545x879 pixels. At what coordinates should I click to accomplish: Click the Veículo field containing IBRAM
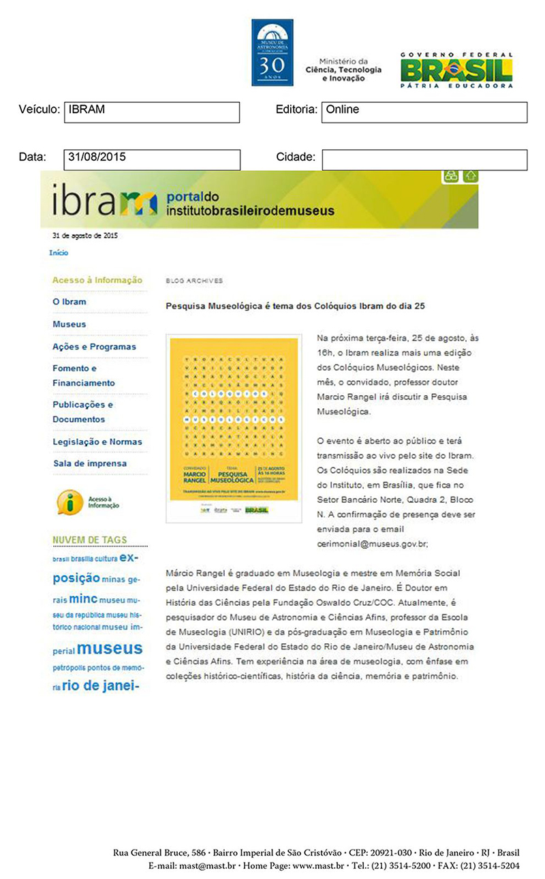(x=151, y=112)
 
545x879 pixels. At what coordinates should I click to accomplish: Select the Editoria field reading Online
(x=424, y=112)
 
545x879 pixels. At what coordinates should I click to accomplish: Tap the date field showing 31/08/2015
(x=151, y=159)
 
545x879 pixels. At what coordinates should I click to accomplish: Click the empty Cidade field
(x=424, y=159)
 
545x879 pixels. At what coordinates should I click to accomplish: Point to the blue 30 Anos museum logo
(x=272, y=52)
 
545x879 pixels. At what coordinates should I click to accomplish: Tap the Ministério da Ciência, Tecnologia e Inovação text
(x=343, y=70)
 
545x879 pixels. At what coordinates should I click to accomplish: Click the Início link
(x=59, y=253)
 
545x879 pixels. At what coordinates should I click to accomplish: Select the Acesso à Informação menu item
(x=97, y=280)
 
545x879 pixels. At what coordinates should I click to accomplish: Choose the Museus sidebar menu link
(x=69, y=324)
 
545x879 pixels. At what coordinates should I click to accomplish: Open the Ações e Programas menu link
(x=94, y=347)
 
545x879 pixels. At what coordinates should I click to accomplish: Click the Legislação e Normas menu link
(x=97, y=442)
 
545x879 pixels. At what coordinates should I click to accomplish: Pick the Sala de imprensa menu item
(x=89, y=464)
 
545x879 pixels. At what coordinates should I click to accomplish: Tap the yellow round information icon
(x=69, y=502)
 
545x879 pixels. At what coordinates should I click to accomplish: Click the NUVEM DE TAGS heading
(x=89, y=540)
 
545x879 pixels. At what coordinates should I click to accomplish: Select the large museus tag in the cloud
(x=110, y=648)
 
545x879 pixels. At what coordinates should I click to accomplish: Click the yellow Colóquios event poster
(x=234, y=429)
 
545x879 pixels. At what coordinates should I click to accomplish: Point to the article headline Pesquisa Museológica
(x=296, y=307)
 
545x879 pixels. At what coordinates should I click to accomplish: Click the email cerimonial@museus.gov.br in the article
(x=372, y=544)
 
